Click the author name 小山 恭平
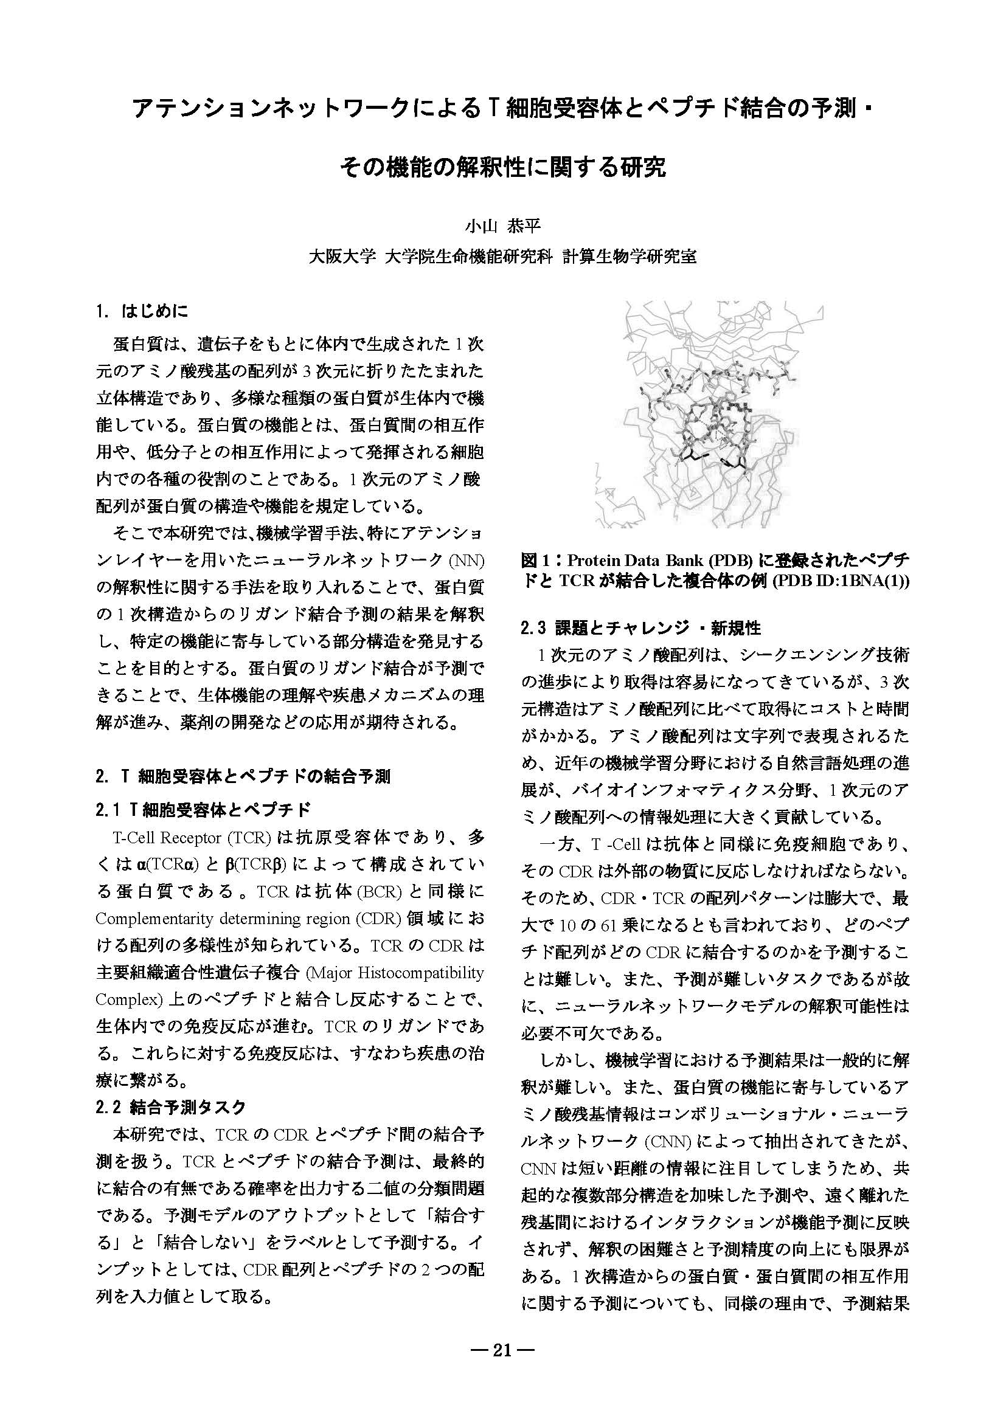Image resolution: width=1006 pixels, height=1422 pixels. pyautogui.click(x=502, y=227)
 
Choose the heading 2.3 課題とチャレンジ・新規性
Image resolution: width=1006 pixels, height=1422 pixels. pyautogui.click(x=641, y=628)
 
